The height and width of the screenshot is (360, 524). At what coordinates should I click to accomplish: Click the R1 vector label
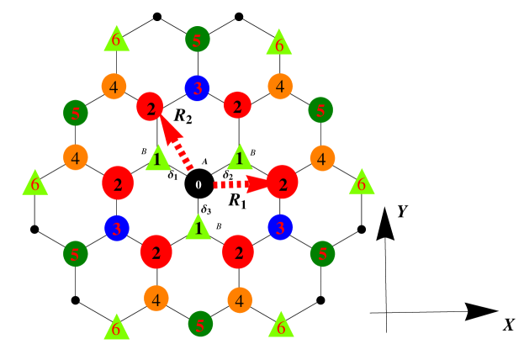pyautogui.click(x=237, y=201)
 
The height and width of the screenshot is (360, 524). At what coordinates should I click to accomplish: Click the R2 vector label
pyautogui.click(x=183, y=116)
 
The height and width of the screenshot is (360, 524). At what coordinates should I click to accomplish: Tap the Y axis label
pyautogui.click(x=402, y=211)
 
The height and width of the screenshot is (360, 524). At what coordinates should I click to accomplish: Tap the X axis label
pyautogui.click(x=508, y=325)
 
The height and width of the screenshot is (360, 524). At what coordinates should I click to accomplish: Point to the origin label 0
pyautogui.click(x=198, y=185)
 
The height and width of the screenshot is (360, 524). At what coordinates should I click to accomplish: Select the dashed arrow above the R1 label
pyautogui.click(x=238, y=183)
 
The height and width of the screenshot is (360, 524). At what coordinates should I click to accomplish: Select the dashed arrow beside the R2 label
pyautogui.click(x=177, y=143)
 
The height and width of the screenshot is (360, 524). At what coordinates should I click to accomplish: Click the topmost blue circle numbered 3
pyautogui.click(x=197, y=88)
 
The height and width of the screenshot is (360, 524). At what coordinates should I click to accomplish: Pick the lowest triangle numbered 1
pyautogui.click(x=198, y=228)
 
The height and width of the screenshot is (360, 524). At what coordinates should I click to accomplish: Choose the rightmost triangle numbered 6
pyautogui.click(x=361, y=183)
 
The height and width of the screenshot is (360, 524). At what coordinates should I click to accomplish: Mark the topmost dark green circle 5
pyautogui.click(x=197, y=39)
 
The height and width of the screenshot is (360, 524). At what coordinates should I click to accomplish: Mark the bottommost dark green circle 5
pyautogui.click(x=199, y=323)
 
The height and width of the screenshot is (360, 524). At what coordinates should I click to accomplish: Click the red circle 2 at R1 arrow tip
pyautogui.click(x=283, y=183)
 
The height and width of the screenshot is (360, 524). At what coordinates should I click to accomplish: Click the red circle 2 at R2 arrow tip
pyautogui.click(x=150, y=107)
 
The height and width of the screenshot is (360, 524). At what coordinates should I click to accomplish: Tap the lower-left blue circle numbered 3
pyautogui.click(x=116, y=228)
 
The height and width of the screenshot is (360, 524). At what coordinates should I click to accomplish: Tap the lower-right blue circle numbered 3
pyautogui.click(x=280, y=227)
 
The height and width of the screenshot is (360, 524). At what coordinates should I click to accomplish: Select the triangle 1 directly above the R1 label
pyautogui.click(x=240, y=158)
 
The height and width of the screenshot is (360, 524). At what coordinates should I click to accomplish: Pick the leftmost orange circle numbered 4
pyautogui.click(x=75, y=157)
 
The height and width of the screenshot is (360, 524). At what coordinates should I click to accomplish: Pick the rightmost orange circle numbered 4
pyautogui.click(x=322, y=157)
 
